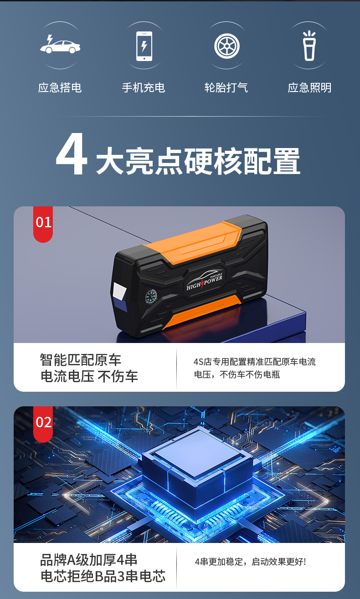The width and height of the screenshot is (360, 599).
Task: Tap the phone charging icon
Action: pos(144,46)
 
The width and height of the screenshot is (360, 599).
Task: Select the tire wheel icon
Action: pos(226,46)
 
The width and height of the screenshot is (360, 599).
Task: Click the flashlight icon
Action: pos(309,46)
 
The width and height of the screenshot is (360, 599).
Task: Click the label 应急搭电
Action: pos(60,87)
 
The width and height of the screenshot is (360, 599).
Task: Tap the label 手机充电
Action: pos(144,87)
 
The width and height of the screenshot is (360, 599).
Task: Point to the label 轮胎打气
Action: pos(226,87)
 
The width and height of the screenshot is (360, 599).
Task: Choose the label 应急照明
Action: pos(309,87)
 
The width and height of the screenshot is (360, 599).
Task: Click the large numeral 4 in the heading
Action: pos(72,156)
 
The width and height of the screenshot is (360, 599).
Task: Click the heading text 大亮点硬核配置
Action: pos(198,161)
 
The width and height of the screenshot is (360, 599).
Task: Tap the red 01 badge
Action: pos(43,223)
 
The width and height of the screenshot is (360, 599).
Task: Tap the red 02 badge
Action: pos(43,422)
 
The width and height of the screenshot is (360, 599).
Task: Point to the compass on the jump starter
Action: pos(152,297)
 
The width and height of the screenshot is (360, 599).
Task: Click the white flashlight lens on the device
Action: pos(120,291)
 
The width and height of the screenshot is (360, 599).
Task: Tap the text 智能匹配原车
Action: pos(81,360)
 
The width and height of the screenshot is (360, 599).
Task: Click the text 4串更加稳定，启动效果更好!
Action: pos(250,562)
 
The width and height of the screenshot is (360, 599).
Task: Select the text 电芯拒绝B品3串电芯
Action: pos(103,576)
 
